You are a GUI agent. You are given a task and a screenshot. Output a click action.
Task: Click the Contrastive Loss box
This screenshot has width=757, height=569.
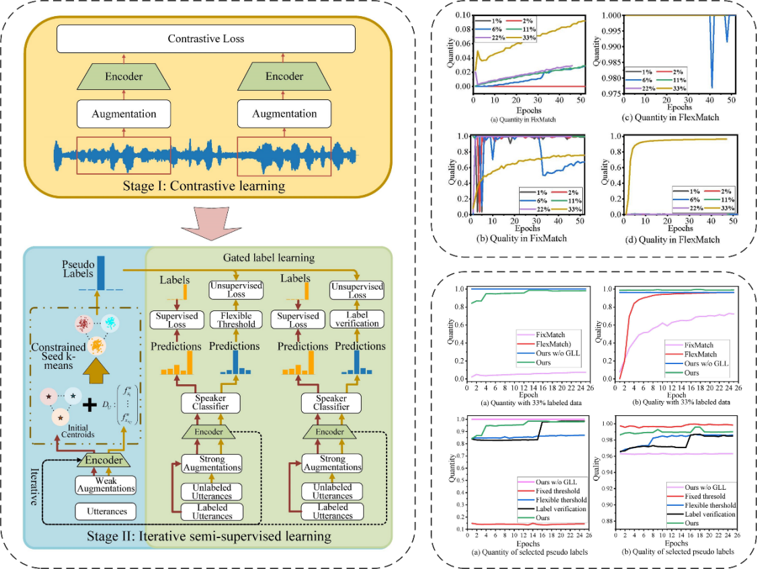tap(205, 39)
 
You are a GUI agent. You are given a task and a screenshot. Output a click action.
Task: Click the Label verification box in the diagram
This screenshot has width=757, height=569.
tap(357, 319)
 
